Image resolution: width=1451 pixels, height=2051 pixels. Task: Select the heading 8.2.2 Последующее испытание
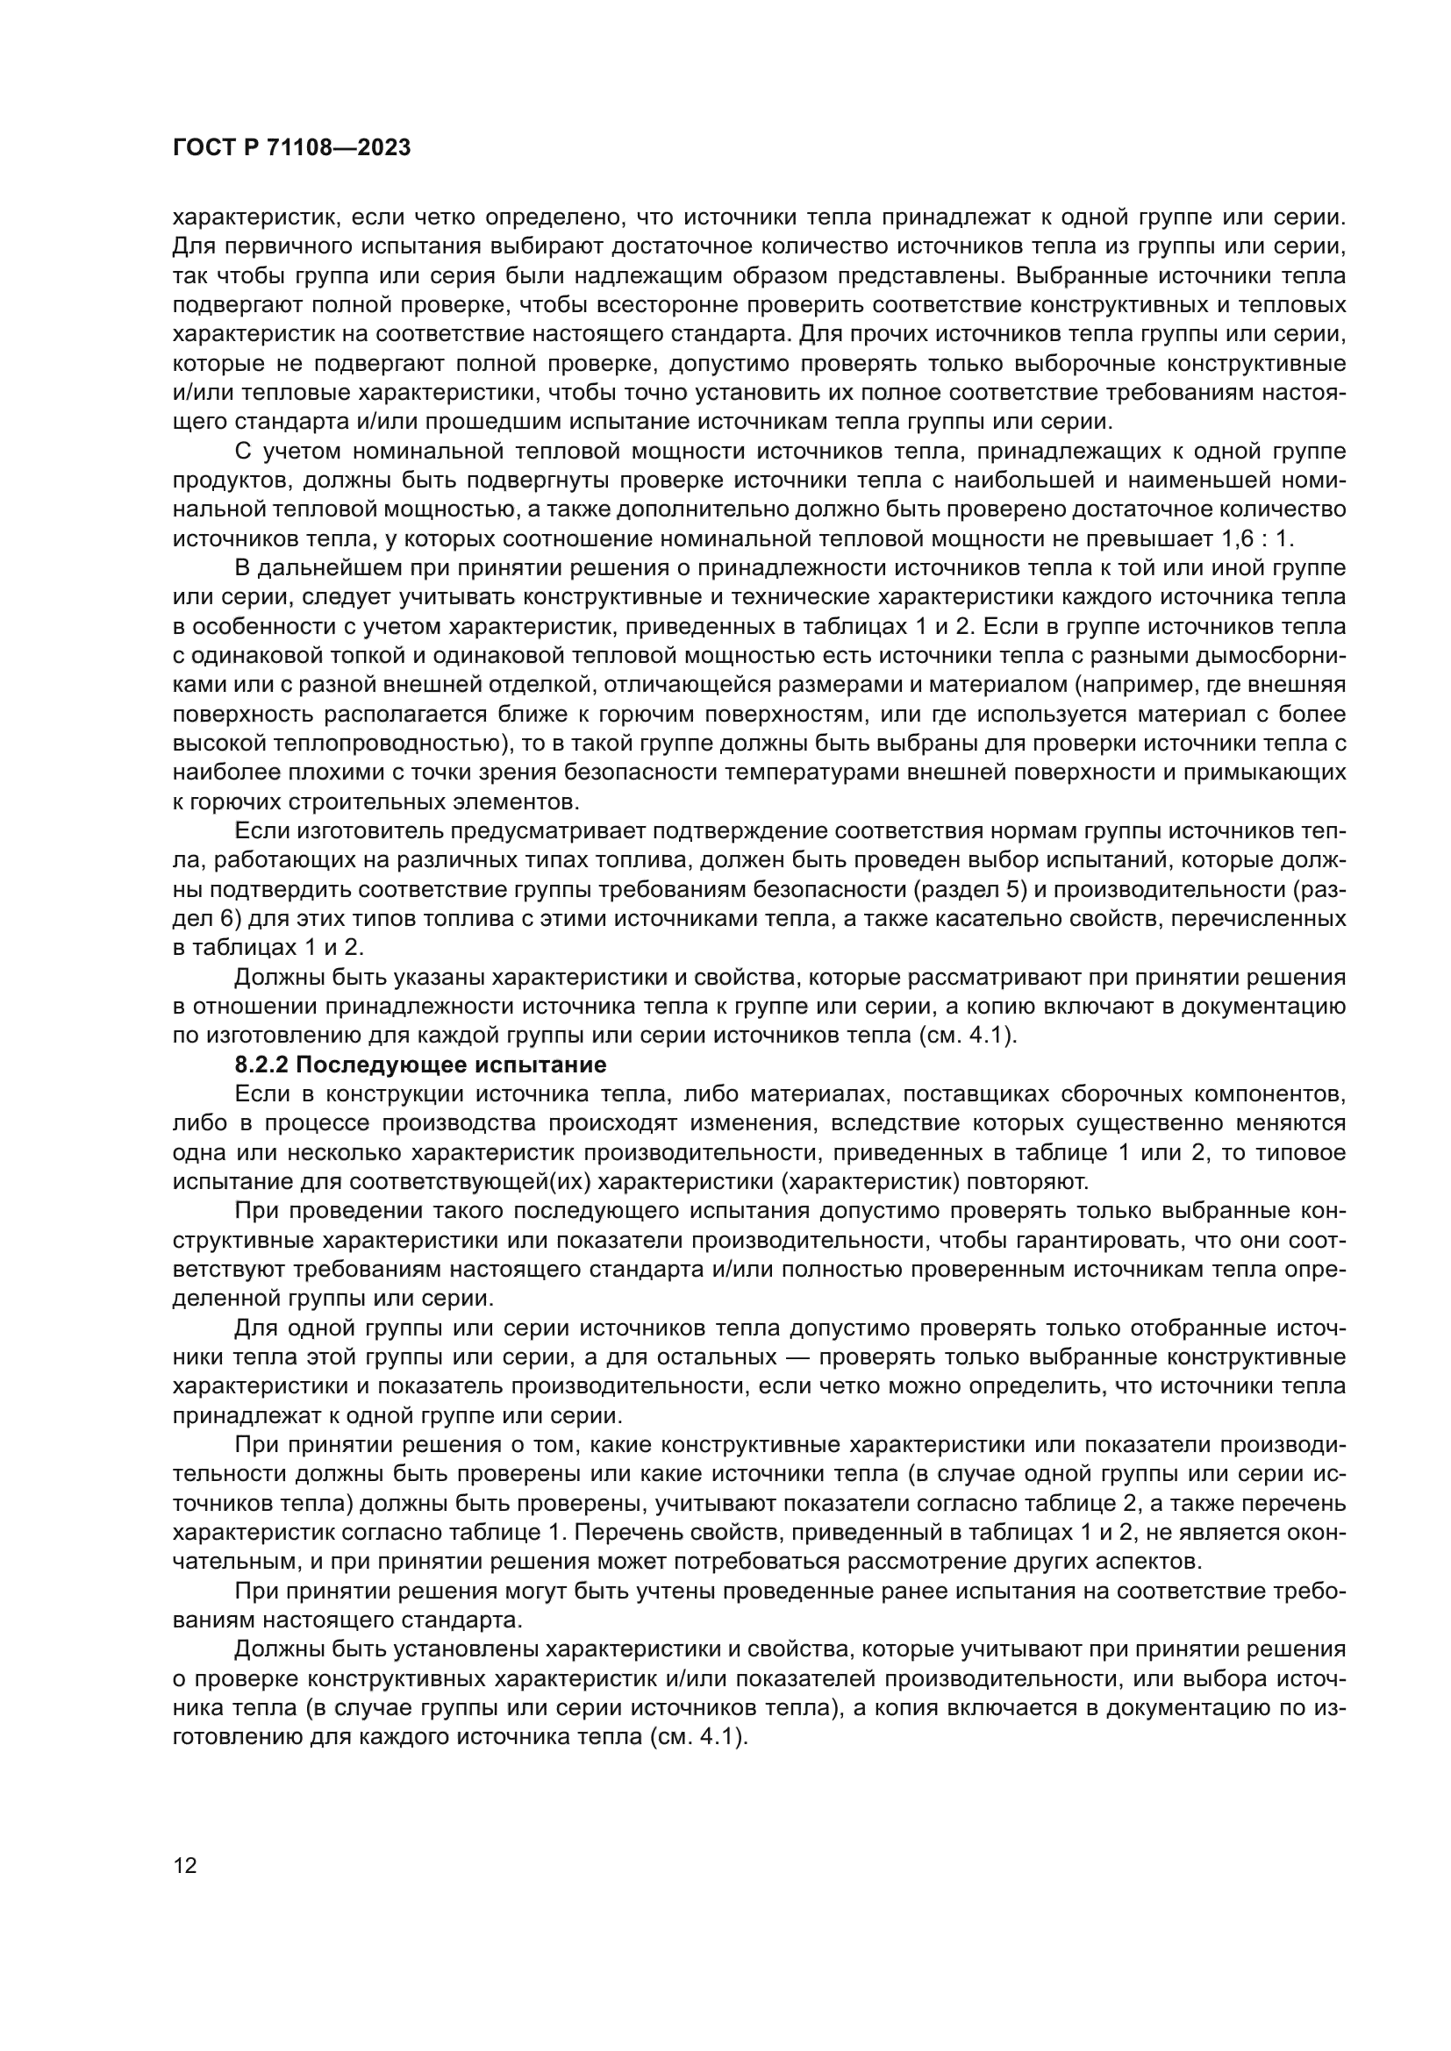[x=420, y=1065]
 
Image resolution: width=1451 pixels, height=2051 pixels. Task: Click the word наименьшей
[x=1199, y=480]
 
